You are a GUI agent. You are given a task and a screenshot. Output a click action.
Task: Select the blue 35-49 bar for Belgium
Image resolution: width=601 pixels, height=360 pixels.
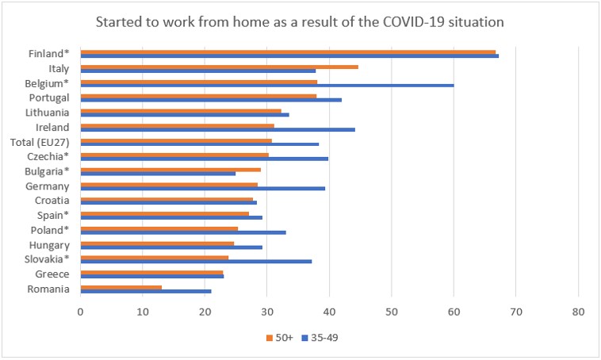point(266,85)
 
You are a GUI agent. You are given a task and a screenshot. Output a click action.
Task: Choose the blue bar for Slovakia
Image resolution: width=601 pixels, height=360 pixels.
point(196,261)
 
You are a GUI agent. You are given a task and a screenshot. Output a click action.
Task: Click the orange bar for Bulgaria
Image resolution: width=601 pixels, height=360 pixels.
point(170,169)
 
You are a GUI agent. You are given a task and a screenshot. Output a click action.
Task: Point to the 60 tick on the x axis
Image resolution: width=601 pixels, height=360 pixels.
point(454,312)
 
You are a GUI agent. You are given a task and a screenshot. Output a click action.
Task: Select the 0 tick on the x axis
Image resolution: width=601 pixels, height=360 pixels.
point(80,312)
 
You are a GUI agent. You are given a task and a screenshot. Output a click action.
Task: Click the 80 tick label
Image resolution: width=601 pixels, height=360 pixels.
point(578,312)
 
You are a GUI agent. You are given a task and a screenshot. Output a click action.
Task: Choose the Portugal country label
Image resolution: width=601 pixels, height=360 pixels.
point(48,98)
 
